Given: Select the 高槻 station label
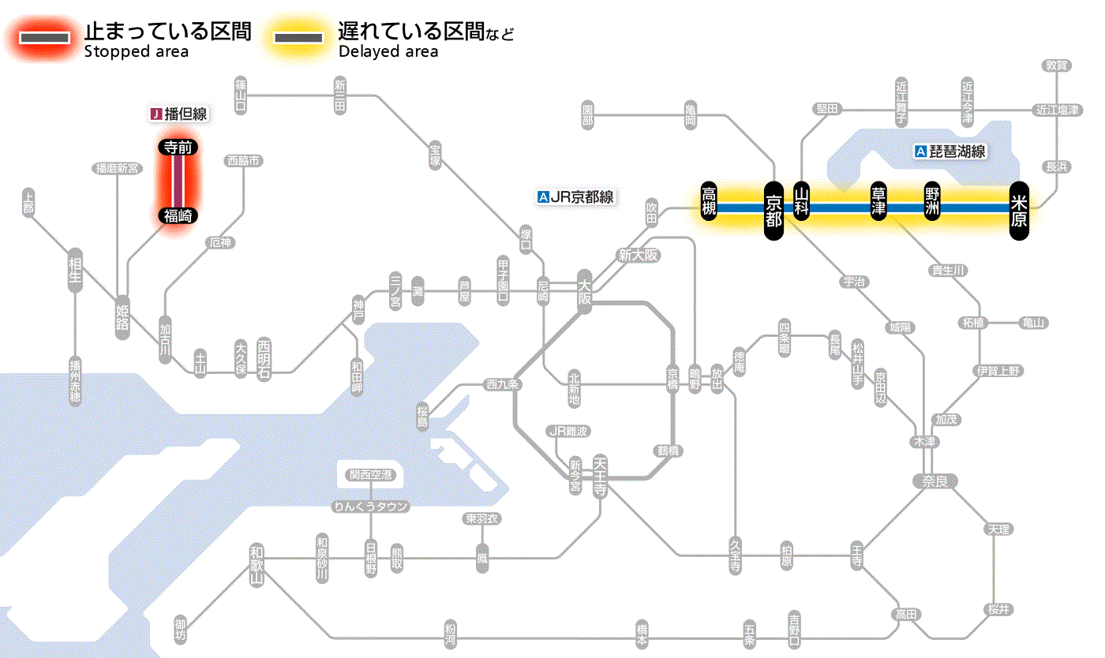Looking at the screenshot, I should pos(709,201).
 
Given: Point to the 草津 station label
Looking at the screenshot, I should pos(878,201).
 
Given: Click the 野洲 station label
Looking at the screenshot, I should pos(933,201).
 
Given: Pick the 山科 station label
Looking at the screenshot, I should pos(802,201).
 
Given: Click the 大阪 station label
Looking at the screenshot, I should pos(584,292).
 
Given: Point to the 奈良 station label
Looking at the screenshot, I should pos(934,480).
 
